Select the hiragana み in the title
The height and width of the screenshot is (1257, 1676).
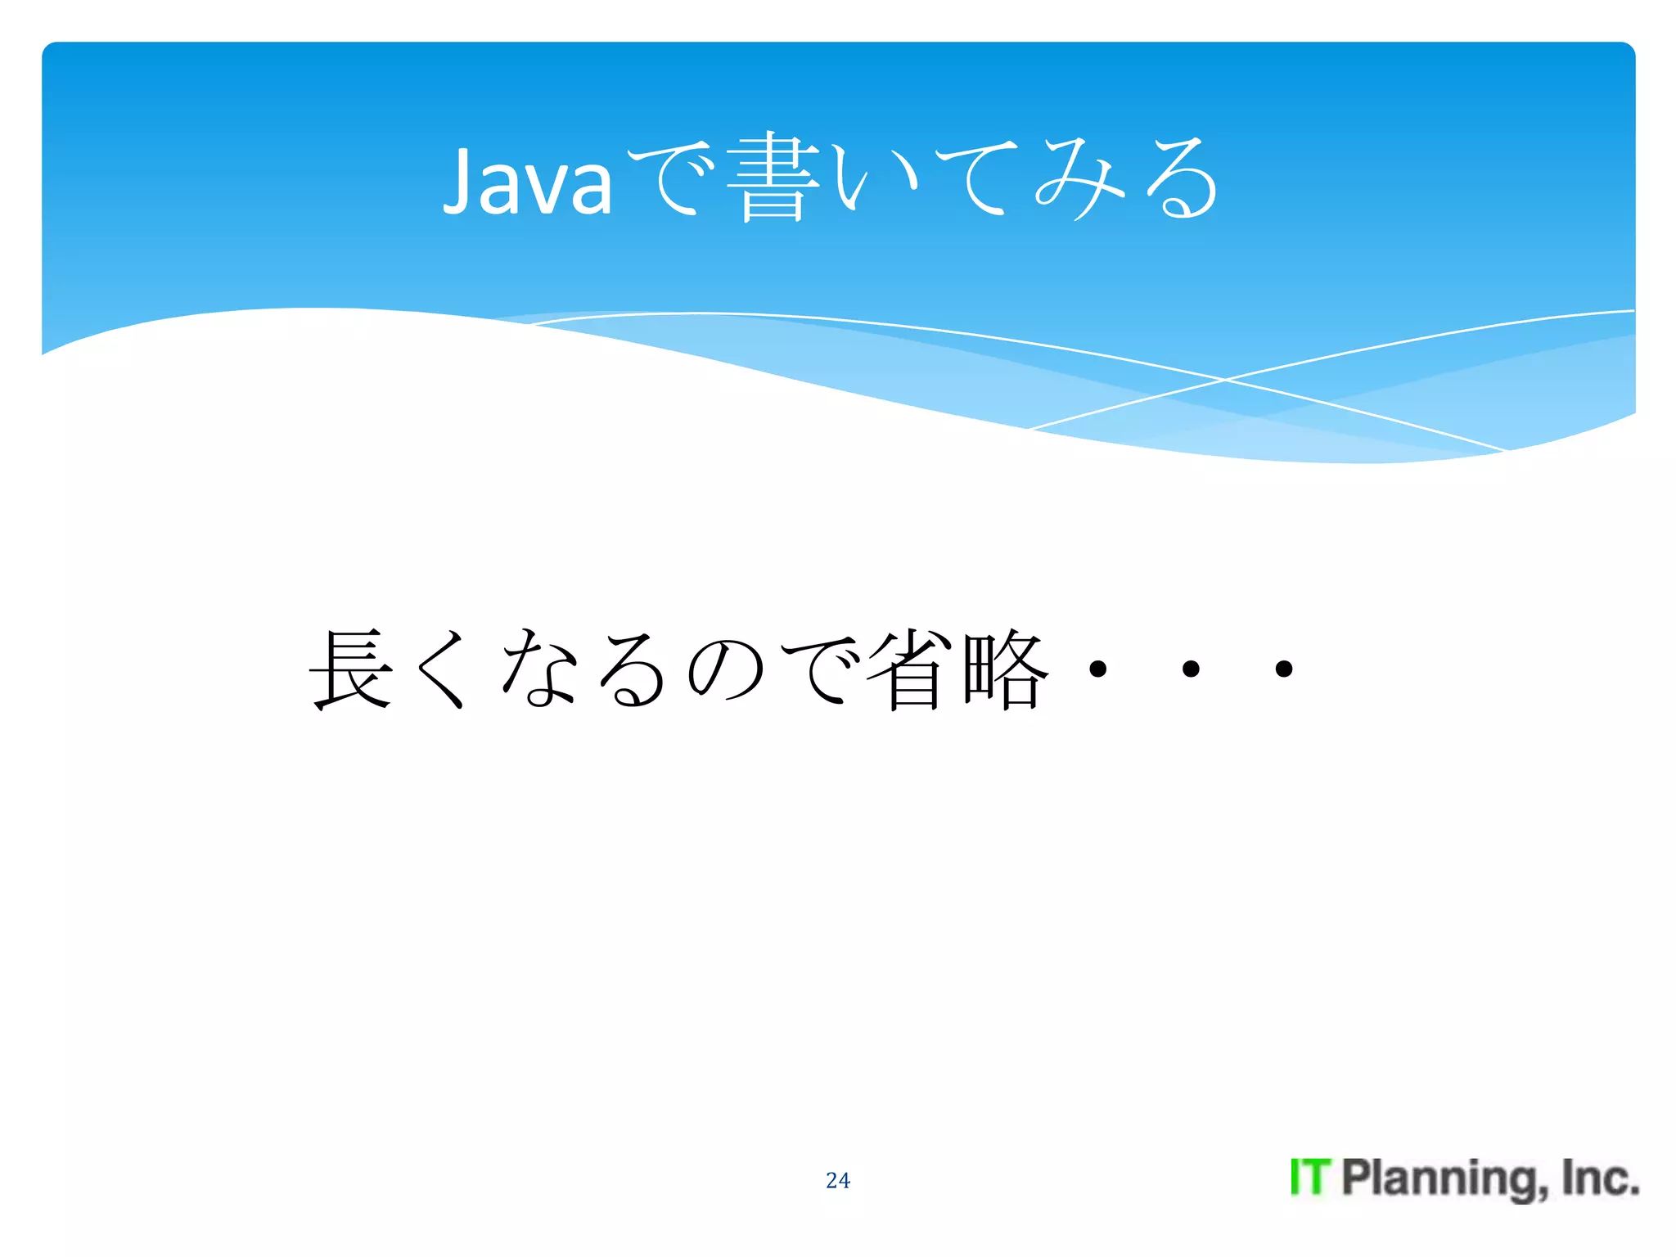pos(1080,178)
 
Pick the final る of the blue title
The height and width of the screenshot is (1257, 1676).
pos(1182,178)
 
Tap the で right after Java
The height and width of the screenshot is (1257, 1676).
pos(673,178)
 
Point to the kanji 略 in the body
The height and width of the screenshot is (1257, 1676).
pos(1005,669)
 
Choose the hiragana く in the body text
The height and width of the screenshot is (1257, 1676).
pos(444,669)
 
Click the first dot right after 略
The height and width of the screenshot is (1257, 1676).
pos(1098,669)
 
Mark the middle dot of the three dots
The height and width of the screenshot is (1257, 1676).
pos(1191,669)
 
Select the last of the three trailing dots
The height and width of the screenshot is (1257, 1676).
pos(1284,669)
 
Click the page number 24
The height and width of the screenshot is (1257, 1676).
pos(838,1180)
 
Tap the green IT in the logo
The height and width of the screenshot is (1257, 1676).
pos(1310,1178)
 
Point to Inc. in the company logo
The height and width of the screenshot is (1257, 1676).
pos(1599,1178)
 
